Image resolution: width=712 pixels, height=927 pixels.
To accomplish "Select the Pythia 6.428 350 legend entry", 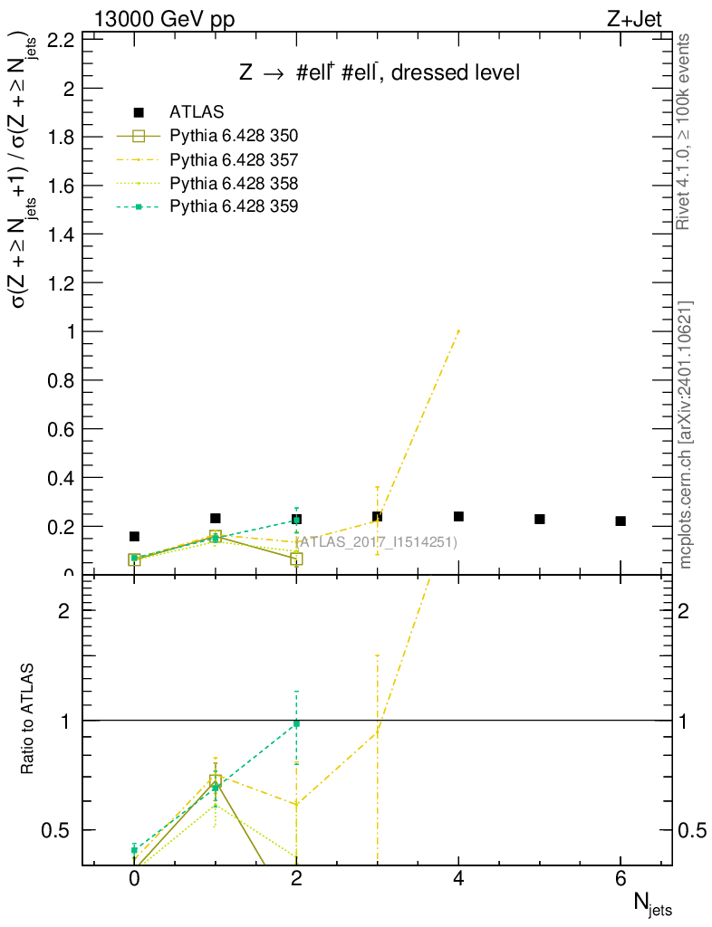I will click(x=234, y=136).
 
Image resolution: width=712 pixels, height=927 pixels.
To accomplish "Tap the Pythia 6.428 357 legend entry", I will click(x=234, y=159).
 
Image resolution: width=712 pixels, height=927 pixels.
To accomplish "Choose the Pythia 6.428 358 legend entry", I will click(x=234, y=183).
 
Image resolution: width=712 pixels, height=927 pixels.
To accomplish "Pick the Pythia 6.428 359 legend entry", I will click(x=234, y=206).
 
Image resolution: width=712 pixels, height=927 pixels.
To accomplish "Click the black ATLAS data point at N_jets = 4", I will click(x=458, y=516).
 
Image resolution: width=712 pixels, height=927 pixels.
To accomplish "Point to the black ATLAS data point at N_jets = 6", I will click(x=621, y=521).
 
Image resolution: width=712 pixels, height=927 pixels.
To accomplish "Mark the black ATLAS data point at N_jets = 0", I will click(x=134, y=536).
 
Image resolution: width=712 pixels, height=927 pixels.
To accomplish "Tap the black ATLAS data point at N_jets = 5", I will click(x=540, y=519).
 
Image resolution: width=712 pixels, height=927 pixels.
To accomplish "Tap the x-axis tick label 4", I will click(x=458, y=879).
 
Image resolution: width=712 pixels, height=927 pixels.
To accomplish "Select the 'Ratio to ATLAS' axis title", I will click(x=27, y=719).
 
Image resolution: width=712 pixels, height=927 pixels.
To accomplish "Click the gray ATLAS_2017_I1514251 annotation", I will click(x=376, y=542).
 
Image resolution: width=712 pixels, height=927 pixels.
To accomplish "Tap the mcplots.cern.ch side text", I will click(x=687, y=435).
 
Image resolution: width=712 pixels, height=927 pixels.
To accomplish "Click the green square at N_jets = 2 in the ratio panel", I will click(x=296, y=723).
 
